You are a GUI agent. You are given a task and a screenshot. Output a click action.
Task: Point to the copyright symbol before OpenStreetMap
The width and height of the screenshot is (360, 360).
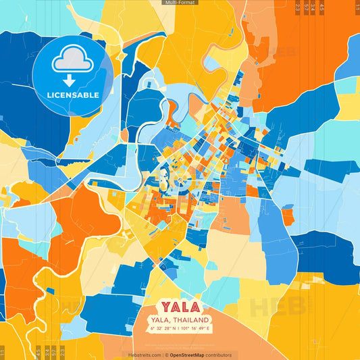(167, 355)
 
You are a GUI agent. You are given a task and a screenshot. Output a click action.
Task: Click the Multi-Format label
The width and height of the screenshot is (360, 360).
(180, 3)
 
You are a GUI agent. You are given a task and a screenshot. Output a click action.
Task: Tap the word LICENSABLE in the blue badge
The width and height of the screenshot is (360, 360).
(73, 95)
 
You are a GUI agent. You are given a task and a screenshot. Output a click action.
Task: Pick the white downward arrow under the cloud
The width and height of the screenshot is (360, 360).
(73, 80)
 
